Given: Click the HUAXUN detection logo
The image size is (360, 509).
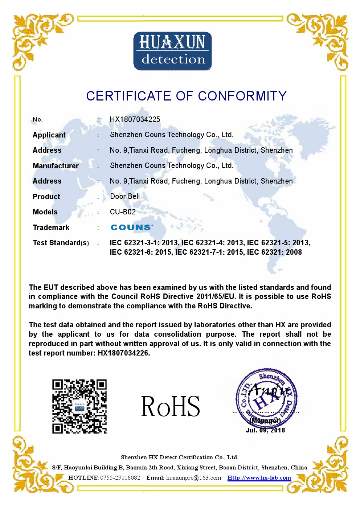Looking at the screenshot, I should coord(172,51).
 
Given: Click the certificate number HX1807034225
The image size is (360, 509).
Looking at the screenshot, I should coord(135,119).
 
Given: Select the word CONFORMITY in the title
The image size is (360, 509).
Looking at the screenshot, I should coord(242,96).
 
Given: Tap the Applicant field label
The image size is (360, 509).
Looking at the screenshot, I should coord(49,135).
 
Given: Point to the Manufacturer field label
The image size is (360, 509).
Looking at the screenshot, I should coord(56,166).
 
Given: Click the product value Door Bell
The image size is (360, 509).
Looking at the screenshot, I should coord(125,196).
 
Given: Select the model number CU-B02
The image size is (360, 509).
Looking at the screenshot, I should coord(123,212).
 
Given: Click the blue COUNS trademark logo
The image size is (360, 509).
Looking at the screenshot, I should coord(131,227).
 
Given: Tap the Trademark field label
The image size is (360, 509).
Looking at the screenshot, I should coord(51,227).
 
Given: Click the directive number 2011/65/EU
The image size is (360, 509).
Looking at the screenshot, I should coord(216,296).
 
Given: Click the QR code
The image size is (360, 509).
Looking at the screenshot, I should coord(79,406).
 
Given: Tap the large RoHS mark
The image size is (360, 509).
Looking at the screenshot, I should coord(170,407).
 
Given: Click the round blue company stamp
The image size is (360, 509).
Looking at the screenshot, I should coord(266,397).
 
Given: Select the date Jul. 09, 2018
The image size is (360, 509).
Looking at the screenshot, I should coord(265,430).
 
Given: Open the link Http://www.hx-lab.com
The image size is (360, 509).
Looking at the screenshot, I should coord(259,478).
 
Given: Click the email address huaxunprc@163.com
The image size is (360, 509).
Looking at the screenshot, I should coord(193,478).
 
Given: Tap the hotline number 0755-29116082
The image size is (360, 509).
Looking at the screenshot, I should coord(120,478).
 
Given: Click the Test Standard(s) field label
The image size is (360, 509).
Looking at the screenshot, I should coord(61,243).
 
